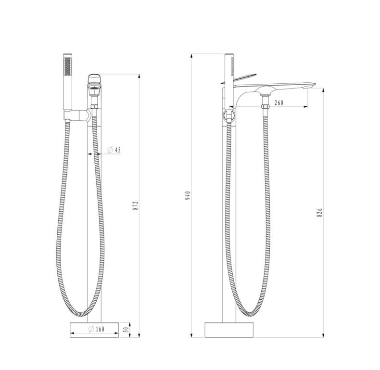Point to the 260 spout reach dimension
pyautogui.click(x=279, y=102)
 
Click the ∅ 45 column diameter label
pyautogui.click(x=114, y=150)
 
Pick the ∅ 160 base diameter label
pyautogui.click(x=97, y=329)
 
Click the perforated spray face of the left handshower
pyautogui.click(x=68, y=66)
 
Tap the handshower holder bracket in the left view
pyautogui.click(x=77, y=115)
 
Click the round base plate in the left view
pyautogui.click(x=94, y=330)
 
